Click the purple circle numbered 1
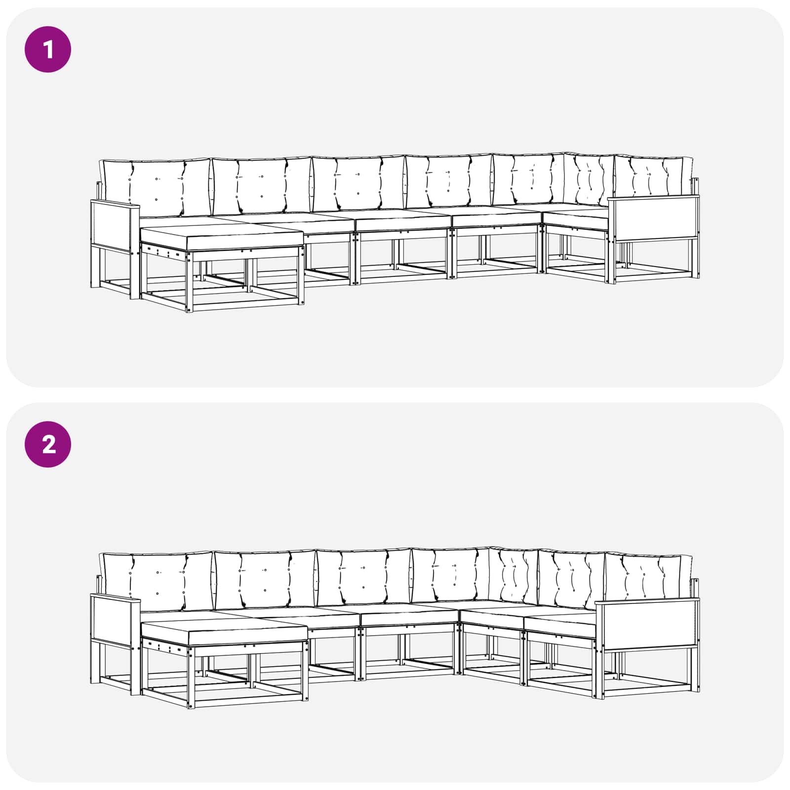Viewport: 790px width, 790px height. pyautogui.click(x=48, y=49)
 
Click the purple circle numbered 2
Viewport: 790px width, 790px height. pyautogui.click(x=48, y=444)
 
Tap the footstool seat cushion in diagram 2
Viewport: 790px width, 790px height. pyautogui.click(x=225, y=633)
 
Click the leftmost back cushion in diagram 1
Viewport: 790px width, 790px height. pyautogui.click(x=156, y=188)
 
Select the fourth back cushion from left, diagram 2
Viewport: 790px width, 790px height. pyautogui.click(x=450, y=576)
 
